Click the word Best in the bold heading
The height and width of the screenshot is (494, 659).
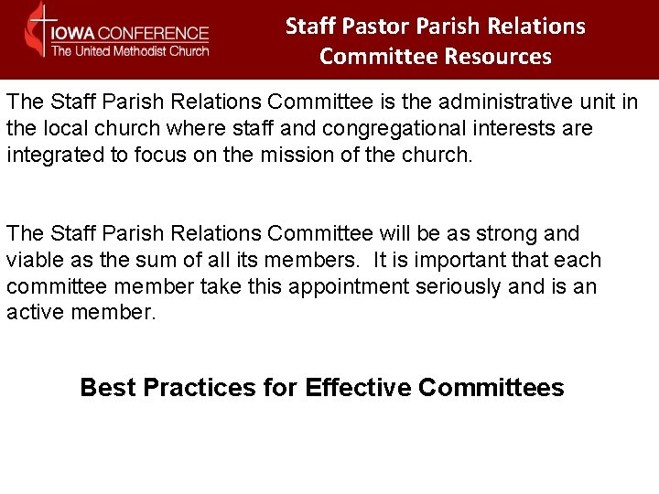coord(107,388)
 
